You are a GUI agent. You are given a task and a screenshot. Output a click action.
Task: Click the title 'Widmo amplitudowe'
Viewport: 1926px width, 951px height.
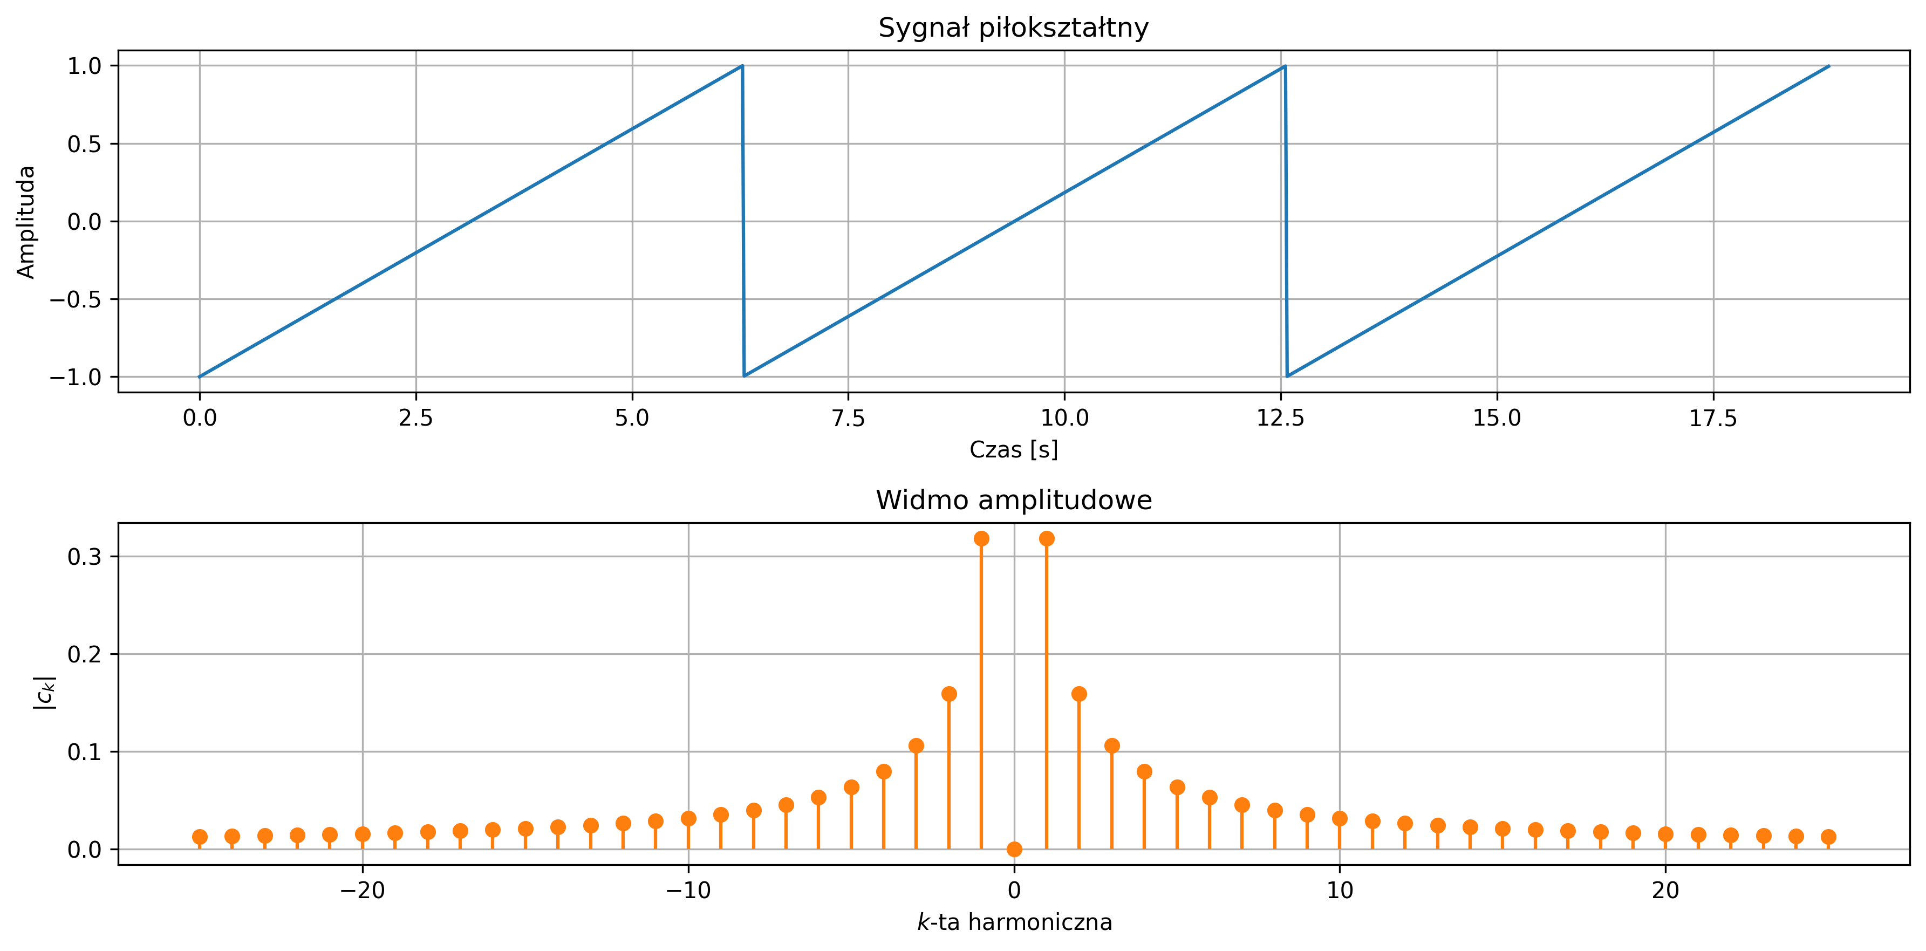tap(1013, 500)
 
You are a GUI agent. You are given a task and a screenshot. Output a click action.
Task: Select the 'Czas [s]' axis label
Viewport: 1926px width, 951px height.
tap(1013, 449)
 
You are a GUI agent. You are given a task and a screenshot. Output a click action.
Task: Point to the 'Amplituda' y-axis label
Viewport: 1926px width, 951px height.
tap(26, 222)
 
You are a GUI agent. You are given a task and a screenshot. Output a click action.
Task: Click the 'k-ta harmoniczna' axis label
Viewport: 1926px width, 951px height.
tap(1014, 922)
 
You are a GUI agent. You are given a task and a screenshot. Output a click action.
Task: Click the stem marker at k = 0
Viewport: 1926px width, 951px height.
tap(1014, 850)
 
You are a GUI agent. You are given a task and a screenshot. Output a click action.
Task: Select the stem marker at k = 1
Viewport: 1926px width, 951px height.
tap(1047, 538)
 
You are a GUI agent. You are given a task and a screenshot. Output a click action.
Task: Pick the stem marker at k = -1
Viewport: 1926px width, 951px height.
tap(982, 538)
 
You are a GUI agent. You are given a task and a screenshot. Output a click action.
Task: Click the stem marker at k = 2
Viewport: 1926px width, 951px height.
tap(1079, 694)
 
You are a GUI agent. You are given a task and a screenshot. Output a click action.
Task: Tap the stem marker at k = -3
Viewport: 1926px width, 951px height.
tap(916, 745)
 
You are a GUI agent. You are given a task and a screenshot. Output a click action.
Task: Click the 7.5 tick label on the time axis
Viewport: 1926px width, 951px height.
tap(848, 418)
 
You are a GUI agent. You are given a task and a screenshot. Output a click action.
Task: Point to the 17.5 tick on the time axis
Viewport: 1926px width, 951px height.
tap(1713, 418)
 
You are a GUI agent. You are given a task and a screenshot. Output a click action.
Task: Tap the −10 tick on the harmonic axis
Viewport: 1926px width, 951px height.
tap(688, 891)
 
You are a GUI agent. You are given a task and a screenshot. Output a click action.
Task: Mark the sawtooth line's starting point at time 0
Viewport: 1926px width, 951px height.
tap(200, 377)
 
